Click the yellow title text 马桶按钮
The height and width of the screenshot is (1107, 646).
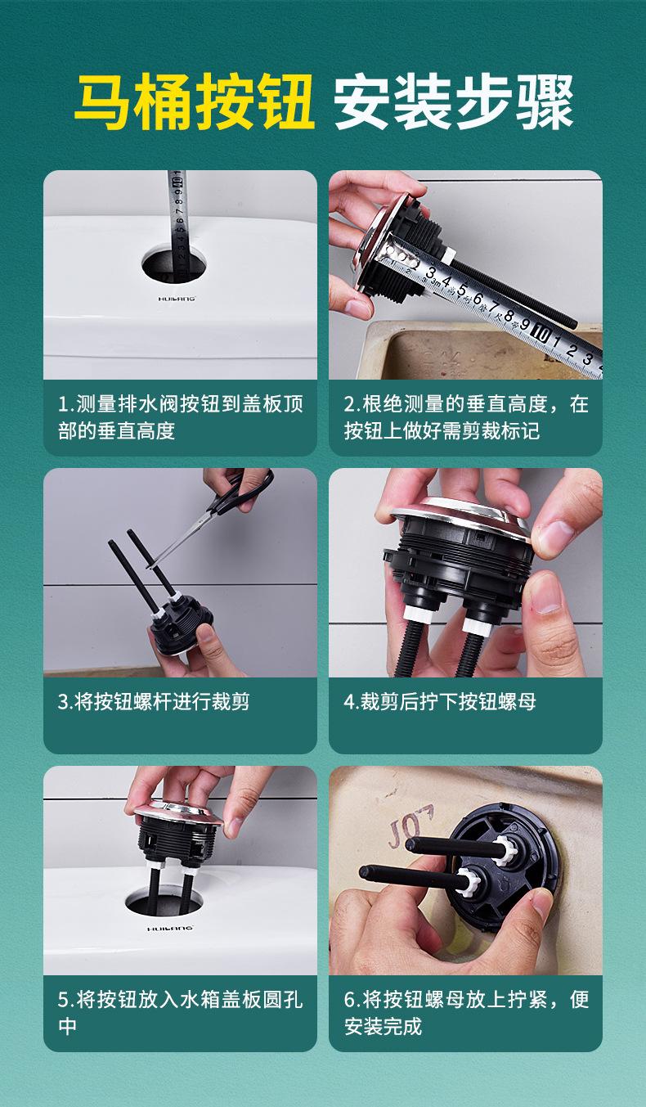[x=194, y=101]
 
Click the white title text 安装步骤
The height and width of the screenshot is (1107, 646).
[x=453, y=101]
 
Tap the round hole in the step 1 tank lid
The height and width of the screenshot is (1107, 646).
[x=174, y=266]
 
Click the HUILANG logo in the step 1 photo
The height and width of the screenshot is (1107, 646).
[x=177, y=299]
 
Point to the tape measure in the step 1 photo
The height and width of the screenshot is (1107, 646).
[x=177, y=225]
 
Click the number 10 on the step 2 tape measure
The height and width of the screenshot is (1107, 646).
[x=542, y=335]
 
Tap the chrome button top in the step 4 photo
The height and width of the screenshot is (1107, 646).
[x=462, y=516]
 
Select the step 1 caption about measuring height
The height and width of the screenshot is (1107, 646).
[x=180, y=417]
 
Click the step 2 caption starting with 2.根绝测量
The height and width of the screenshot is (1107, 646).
[x=466, y=417]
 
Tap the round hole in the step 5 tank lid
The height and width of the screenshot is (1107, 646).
[x=164, y=901]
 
